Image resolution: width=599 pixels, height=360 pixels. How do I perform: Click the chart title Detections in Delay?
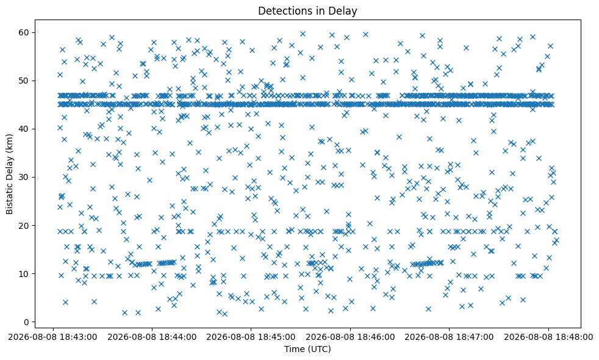tap(307, 11)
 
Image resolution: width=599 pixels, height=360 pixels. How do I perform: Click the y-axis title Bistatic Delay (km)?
tap(10, 174)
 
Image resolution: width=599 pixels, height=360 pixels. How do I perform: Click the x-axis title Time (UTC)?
tap(307, 349)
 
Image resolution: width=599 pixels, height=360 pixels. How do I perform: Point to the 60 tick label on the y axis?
tap(24, 32)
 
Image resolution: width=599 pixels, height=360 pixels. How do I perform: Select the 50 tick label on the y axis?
tap(24, 81)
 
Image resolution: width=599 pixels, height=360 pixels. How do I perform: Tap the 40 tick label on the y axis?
tap(24, 129)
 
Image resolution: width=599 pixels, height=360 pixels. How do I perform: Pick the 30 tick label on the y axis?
tap(24, 178)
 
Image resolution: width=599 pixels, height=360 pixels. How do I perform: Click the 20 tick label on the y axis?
tap(24, 226)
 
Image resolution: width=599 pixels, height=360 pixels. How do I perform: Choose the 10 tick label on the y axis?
tap(24, 273)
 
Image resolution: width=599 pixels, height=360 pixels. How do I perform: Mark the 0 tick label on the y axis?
tap(27, 322)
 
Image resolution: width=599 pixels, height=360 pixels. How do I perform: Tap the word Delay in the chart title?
tap(344, 11)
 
